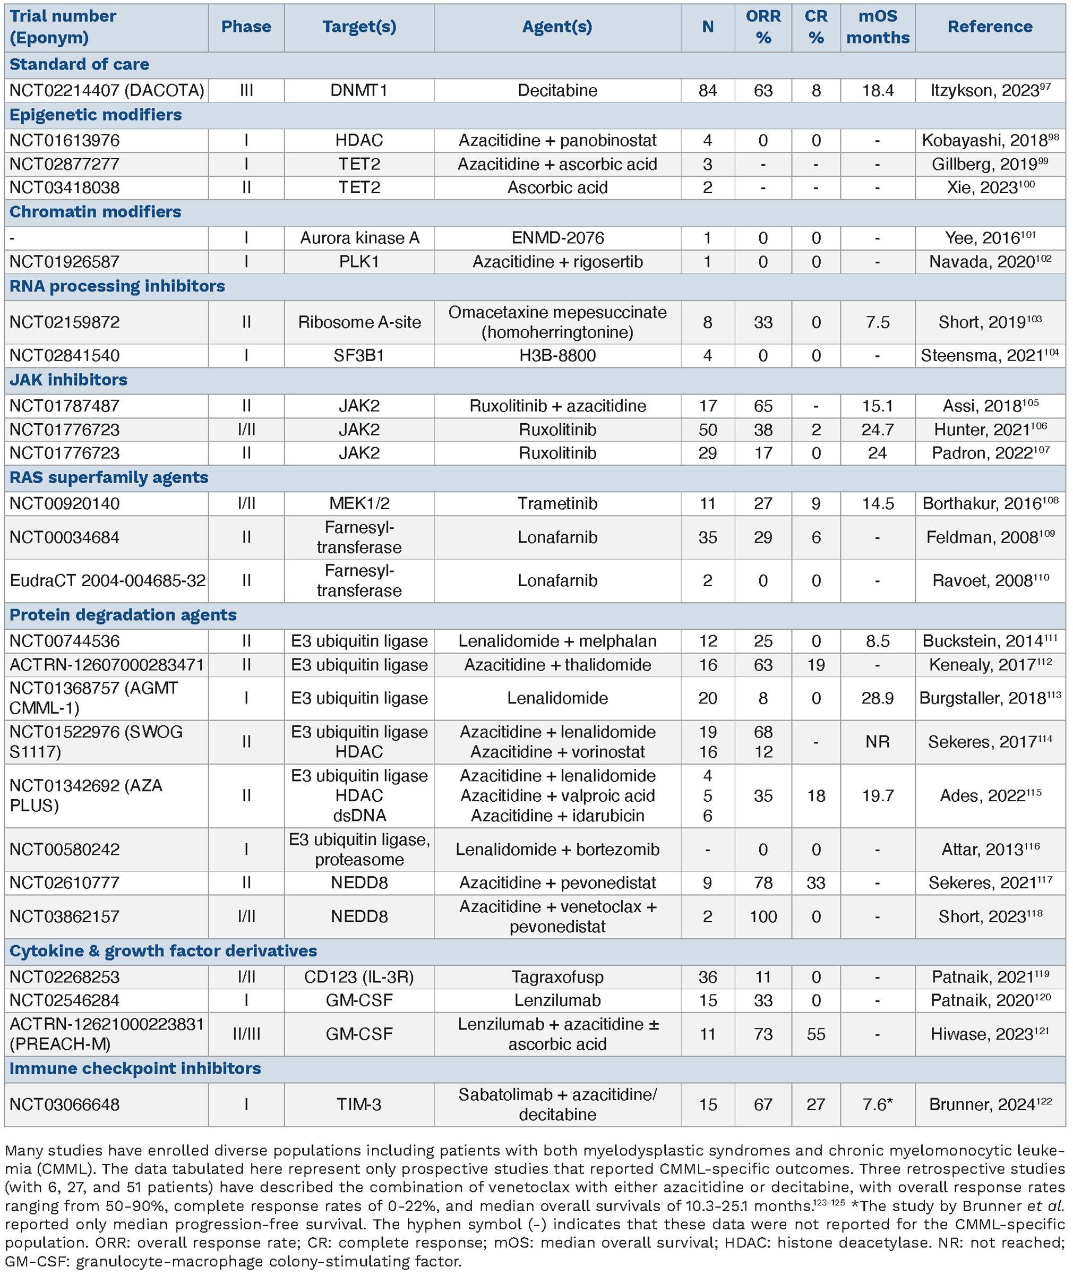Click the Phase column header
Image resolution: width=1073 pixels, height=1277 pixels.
click(x=246, y=27)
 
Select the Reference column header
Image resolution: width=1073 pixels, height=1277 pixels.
click(x=990, y=27)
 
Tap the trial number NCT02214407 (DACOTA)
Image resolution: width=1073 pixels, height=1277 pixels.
click(x=106, y=91)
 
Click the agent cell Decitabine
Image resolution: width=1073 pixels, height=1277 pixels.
click(x=557, y=91)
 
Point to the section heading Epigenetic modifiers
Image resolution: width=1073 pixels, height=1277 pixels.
click(x=96, y=115)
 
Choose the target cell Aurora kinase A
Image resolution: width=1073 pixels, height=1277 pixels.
click(x=359, y=238)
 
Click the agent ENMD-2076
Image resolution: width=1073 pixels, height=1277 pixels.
click(x=557, y=238)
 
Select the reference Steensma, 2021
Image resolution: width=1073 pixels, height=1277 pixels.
click(x=990, y=355)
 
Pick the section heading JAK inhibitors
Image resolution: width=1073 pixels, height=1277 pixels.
click(x=68, y=380)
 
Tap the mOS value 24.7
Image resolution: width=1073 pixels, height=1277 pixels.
click(x=877, y=430)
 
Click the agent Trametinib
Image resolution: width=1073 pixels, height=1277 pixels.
click(x=557, y=503)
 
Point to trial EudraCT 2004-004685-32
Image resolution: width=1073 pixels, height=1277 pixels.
click(x=107, y=580)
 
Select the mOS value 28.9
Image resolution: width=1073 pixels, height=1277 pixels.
click(x=877, y=698)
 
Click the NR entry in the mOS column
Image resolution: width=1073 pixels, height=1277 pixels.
click(x=877, y=742)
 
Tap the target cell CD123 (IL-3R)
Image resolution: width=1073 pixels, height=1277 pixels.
click(x=359, y=977)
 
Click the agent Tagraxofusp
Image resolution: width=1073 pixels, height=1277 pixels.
click(x=557, y=977)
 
